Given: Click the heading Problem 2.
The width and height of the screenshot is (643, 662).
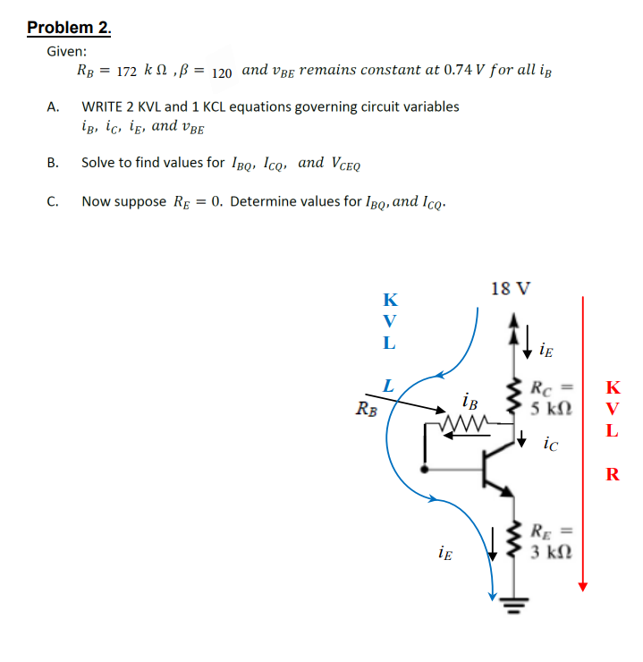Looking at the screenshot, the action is [70, 28].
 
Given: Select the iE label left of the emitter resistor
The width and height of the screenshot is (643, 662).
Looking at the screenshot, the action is [445, 555].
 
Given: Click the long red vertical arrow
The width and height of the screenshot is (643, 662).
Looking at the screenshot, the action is [583, 438].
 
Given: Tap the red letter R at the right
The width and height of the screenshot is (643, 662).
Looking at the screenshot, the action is [612, 474].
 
